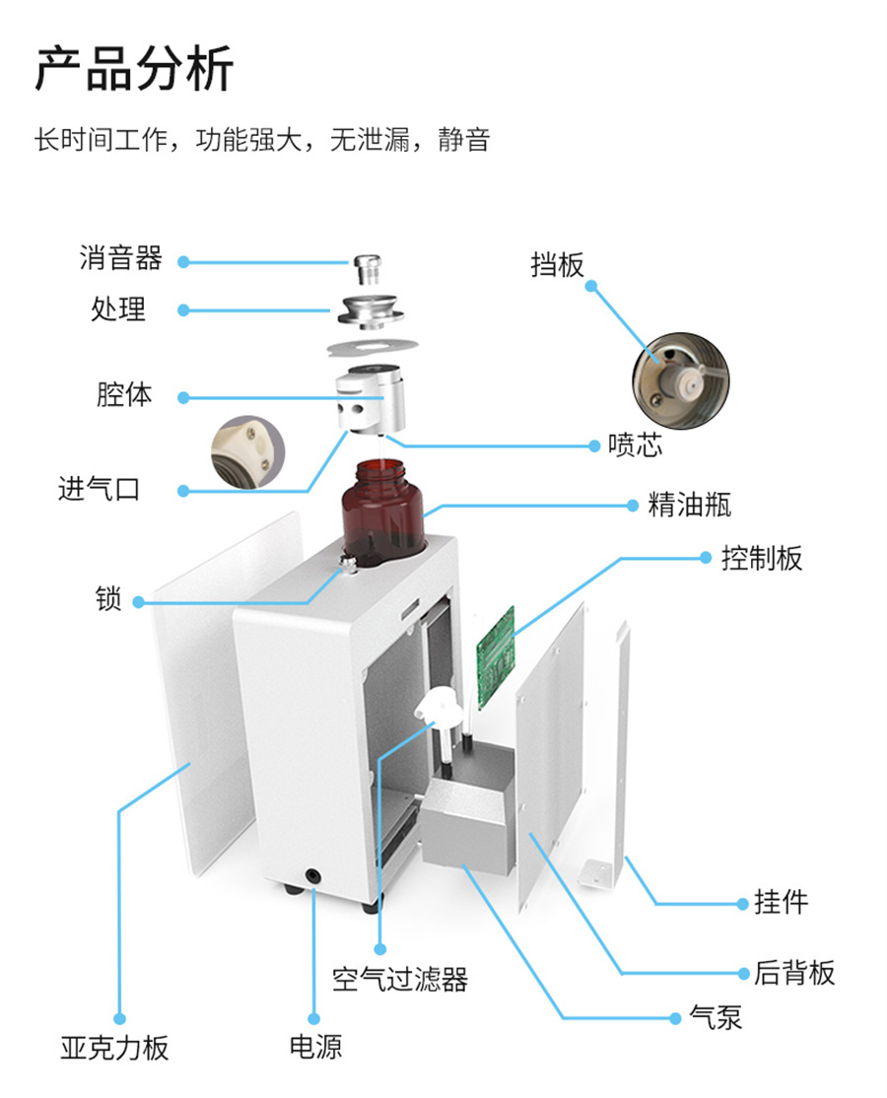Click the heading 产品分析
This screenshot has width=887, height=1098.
pos(134,70)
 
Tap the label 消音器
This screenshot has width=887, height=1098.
pos(120,259)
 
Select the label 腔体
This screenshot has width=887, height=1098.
pos(124,395)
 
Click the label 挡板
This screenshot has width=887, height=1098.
pos(557,264)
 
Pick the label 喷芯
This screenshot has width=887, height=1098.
pos(635,446)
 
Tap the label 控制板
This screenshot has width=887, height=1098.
pos(762,558)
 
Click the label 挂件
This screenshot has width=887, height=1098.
pos(782,902)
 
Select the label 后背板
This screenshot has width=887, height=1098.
pos(794,973)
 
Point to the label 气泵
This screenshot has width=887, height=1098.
pos(716,1017)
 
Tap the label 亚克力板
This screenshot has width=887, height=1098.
pos(115,1047)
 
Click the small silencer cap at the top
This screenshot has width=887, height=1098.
pos(367,266)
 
